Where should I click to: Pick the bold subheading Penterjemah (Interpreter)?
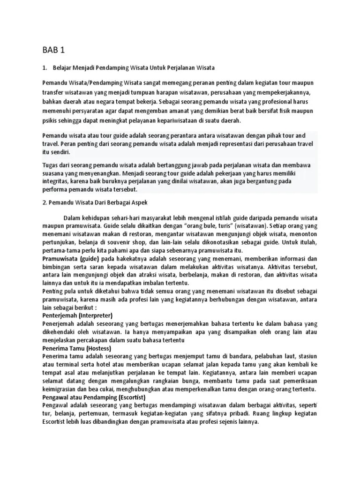77,315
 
